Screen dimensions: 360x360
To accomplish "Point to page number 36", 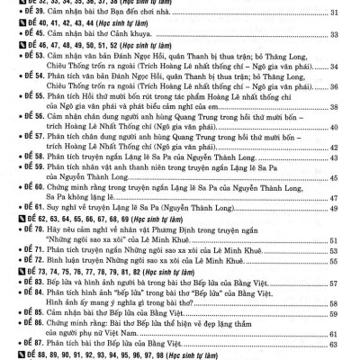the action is (334, 111).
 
